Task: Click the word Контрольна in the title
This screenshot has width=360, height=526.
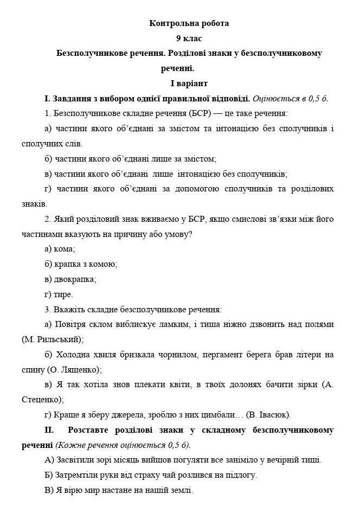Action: pos(168,23)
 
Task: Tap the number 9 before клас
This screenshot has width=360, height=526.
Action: pos(178,39)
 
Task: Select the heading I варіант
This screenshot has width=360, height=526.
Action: pos(189,84)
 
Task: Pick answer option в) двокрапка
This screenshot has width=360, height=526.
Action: pos(70,279)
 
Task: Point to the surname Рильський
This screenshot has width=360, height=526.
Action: pos(59,339)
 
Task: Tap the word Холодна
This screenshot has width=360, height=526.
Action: pos(73,355)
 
